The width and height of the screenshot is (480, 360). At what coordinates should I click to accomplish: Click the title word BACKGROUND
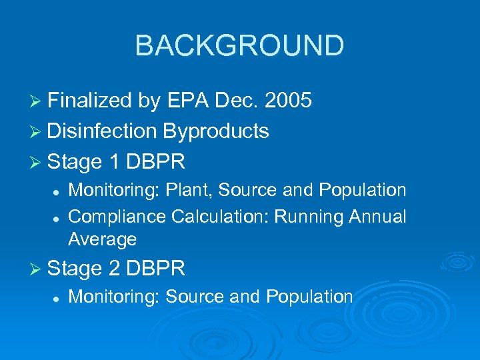click(239, 45)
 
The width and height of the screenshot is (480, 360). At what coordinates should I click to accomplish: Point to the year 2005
click(288, 101)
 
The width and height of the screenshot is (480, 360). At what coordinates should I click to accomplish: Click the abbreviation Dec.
click(237, 101)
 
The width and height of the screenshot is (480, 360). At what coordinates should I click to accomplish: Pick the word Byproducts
click(216, 131)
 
